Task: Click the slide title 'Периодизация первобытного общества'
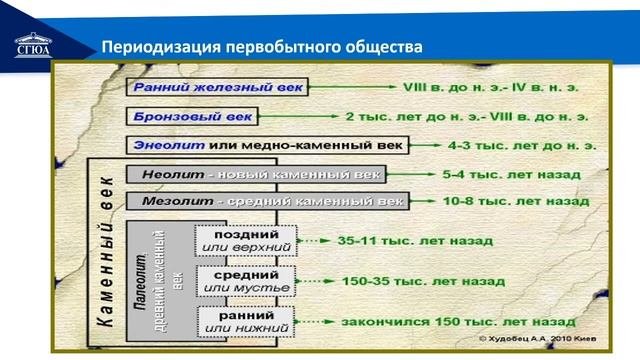[258, 48]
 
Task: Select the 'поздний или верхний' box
[246, 240]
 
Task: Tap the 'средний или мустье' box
[246, 281]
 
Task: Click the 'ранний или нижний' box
[246, 321]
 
